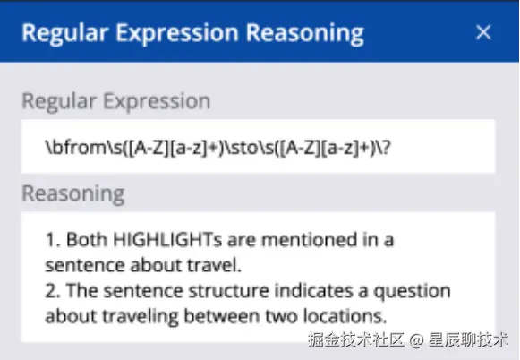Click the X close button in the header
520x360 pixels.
tap(483, 32)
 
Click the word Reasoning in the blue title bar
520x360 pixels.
tap(305, 34)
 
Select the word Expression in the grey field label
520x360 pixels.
tap(157, 101)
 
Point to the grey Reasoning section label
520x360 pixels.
tap(73, 194)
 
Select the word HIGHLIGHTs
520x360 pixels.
tap(167, 240)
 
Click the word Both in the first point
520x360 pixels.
tap(87, 240)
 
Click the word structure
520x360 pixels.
tap(228, 291)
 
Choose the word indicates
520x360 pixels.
tap(313, 291)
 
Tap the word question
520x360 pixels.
tap(413, 292)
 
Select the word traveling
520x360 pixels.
tap(140, 317)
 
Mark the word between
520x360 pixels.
tap(222, 316)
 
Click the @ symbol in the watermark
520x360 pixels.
tap(416, 340)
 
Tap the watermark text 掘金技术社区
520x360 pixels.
tap(356, 339)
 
